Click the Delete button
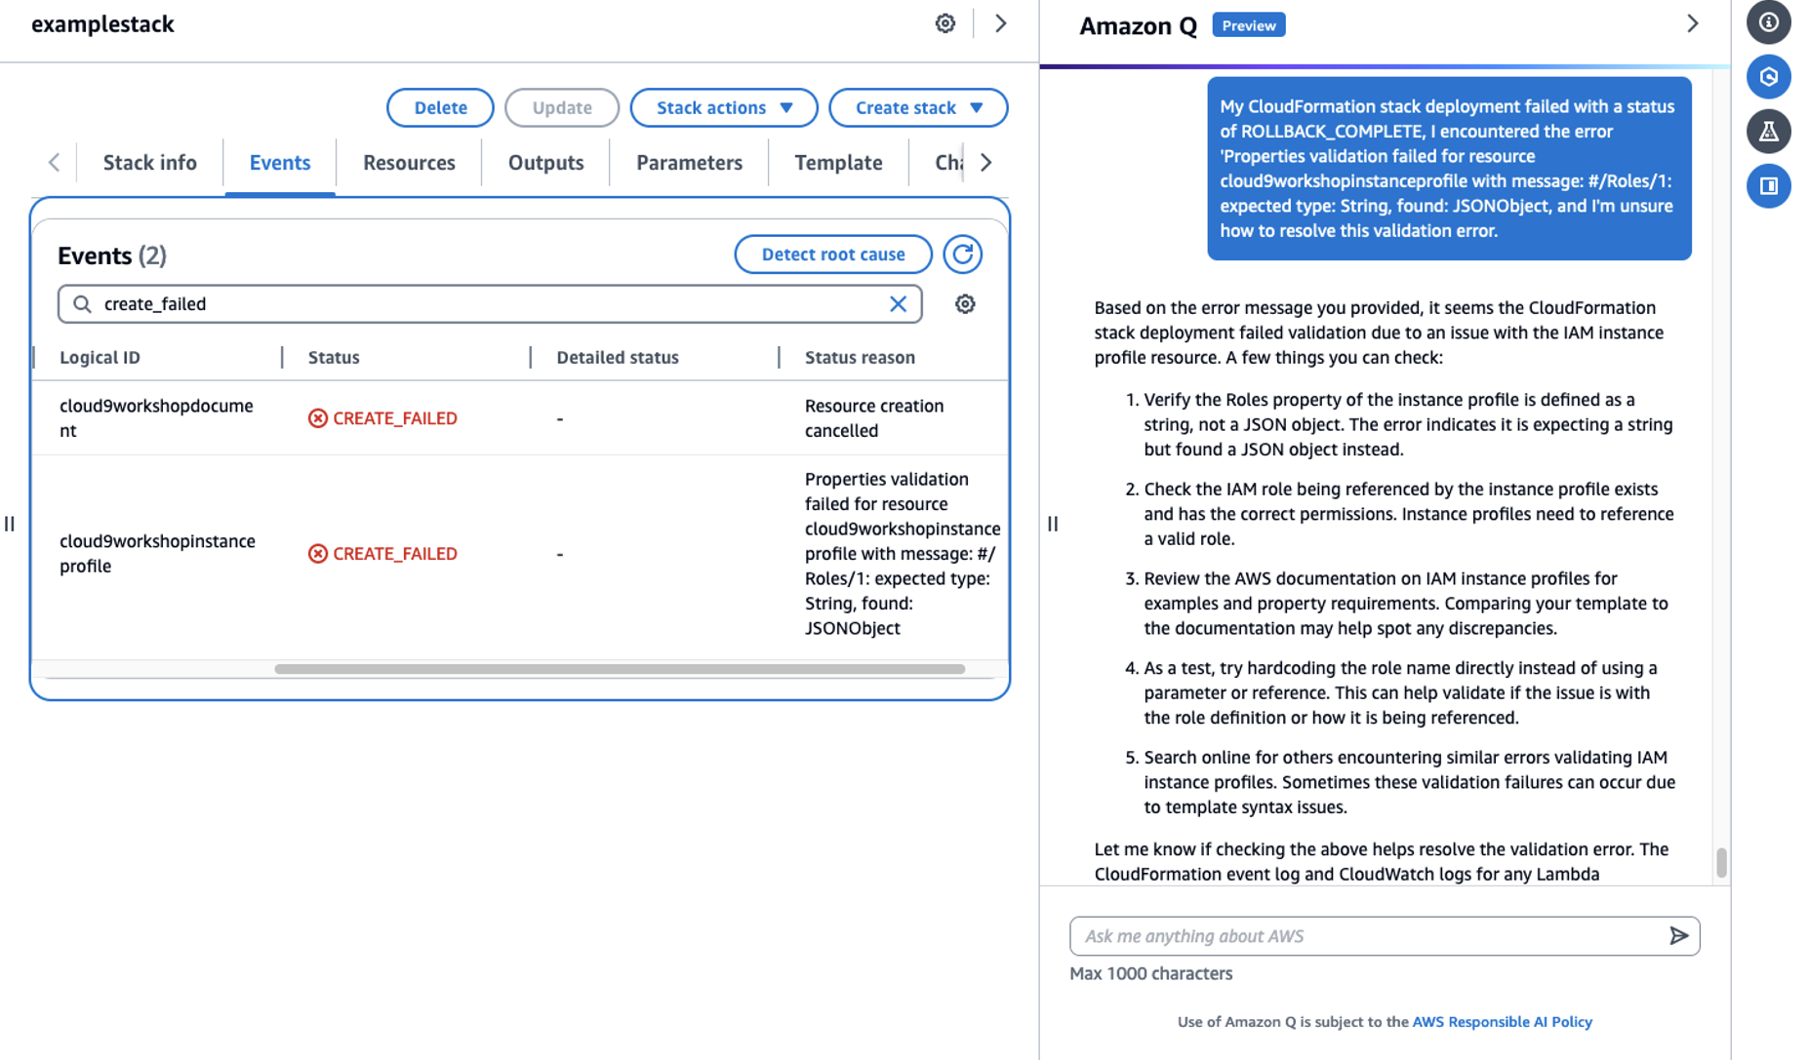[x=440, y=107]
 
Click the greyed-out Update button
[x=562, y=107]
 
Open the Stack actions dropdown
[x=723, y=107]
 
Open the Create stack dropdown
[x=917, y=107]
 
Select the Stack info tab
[x=150, y=163]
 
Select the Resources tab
[x=409, y=163]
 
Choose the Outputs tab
[x=545, y=163]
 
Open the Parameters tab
[x=689, y=163]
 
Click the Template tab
[x=838, y=163]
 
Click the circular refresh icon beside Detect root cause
[x=962, y=255]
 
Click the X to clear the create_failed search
[x=898, y=304]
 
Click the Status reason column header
[x=860, y=357]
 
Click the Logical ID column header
[x=100, y=357]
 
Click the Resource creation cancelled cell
[x=873, y=418]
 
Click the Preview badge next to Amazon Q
[x=1248, y=25]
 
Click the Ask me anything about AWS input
[x=1366, y=936]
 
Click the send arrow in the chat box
[x=1678, y=936]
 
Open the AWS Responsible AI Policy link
[x=1502, y=1022]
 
